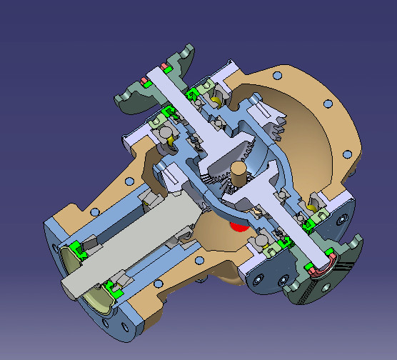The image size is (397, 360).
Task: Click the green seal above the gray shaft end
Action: tap(79, 251)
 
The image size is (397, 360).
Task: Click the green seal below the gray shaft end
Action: tap(112, 289)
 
